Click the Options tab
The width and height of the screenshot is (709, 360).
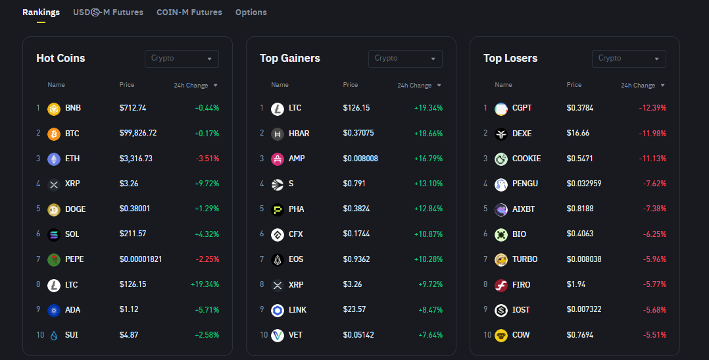point(251,13)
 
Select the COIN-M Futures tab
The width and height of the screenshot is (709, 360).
point(189,13)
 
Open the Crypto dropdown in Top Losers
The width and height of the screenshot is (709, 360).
point(629,59)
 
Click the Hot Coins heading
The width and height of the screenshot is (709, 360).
point(61,59)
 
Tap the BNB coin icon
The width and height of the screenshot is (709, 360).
point(54,109)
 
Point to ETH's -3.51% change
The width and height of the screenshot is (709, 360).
point(207,159)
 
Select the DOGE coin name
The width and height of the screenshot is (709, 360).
point(75,209)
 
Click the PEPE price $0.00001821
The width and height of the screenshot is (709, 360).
point(141,259)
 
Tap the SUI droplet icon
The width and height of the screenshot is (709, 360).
point(54,336)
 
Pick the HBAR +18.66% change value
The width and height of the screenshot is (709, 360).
point(428,134)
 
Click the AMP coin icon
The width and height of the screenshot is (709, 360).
point(278,159)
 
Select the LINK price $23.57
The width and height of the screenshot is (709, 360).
point(354,310)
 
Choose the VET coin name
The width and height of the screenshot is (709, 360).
point(295,335)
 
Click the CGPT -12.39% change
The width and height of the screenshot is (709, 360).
point(652,108)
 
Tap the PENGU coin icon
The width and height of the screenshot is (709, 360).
point(501,184)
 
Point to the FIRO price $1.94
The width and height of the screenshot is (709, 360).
point(576,285)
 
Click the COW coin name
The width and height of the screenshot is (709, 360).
point(521,335)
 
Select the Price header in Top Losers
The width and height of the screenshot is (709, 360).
point(574,85)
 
